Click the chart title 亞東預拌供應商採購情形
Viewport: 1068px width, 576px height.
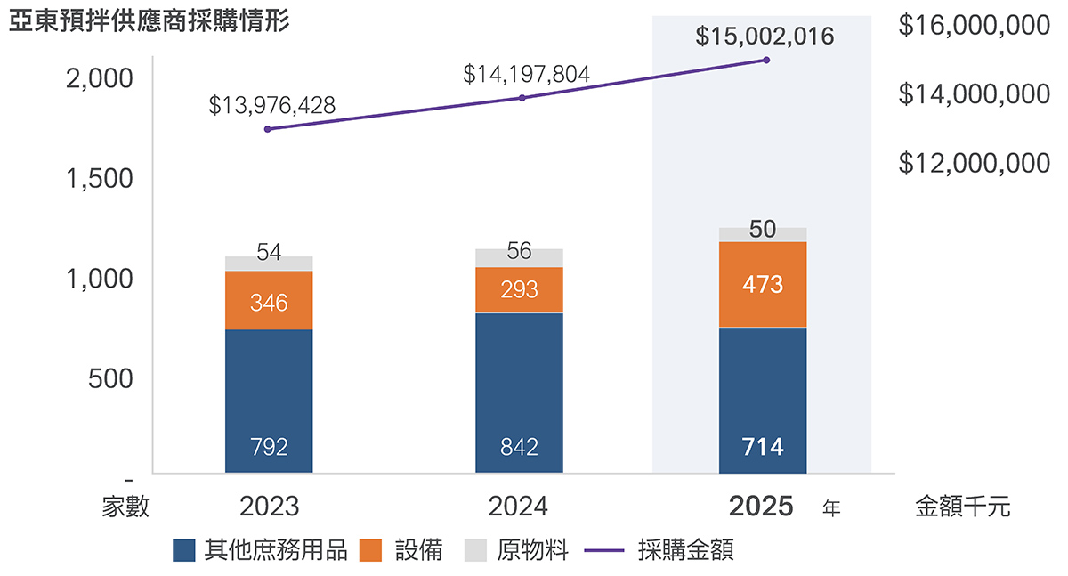[150, 21]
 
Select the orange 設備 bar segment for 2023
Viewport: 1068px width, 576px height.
[269, 300]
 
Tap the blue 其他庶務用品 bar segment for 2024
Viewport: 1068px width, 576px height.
[519, 393]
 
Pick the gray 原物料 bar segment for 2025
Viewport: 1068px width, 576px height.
[763, 235]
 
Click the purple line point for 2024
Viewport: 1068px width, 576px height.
[522, 98]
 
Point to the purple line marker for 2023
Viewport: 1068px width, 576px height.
[268, 129]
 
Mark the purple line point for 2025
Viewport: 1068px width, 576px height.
[766, 60]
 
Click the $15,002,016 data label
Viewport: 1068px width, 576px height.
[765, 37]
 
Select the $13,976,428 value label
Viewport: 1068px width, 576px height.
[271, 105]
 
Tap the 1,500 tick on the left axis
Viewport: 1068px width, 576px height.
[99, 179]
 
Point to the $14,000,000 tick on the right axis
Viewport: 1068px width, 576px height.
[974, 94]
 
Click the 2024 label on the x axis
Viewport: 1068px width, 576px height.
[518, 507]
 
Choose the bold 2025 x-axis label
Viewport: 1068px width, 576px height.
[761, 507]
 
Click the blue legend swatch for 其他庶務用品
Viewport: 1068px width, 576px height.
[184, 550]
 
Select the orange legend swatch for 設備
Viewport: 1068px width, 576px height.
[370, 550]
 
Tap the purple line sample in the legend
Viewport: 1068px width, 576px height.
[604, 550]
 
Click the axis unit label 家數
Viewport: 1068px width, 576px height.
[125, 507]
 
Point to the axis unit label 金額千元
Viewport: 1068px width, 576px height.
[963, 507]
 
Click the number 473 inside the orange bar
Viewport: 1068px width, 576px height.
[763, 285]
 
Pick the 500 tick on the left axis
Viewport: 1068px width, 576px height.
[110, 379]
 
